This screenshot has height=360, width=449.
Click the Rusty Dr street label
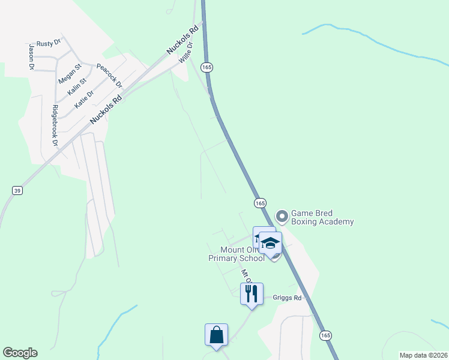pyautogui.click(x=49, y=43)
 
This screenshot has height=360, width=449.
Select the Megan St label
pyautogui.click(x=69, y=73)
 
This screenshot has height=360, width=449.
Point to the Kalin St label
pyautogui.click(x=77, y=85)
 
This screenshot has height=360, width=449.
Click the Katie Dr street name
pyautogui.click(x=84, y=99)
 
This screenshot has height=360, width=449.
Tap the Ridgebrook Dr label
pyautogui.click(x=55, y=126)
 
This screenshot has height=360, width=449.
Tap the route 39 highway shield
pyautogui.click(x=17, y=190)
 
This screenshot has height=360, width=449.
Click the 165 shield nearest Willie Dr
pyautogui.click(x=206, y=67)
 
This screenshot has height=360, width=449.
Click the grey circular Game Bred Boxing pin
pyautogui.click(x=282, y=215)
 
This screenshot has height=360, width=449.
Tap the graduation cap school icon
pyautogui.click(x=270, y=243)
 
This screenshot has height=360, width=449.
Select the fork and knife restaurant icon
pyautogui.click(x=252, y=293)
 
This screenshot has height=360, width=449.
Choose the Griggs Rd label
pyautogui.click(x=286, y=297)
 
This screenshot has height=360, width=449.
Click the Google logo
pyautogui.click(x=20, y=353)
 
